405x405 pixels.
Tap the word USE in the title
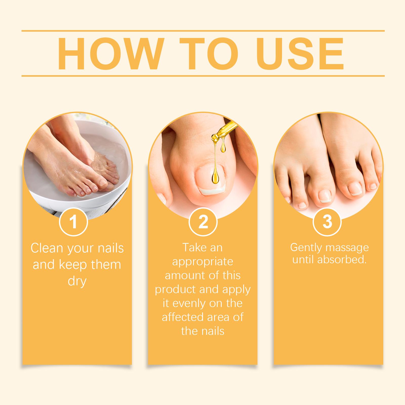[x=300, y=54]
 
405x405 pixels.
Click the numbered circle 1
[x=73, y=221]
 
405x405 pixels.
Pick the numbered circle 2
[x=203, y=221]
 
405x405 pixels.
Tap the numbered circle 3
[x=327, y=221]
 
